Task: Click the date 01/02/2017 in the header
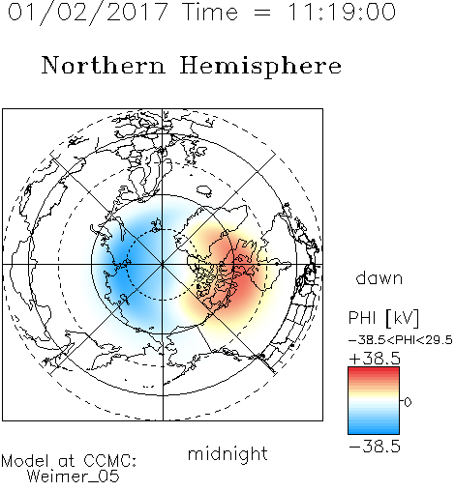88,13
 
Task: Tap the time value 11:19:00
342,12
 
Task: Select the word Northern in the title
104,65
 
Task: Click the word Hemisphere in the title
260,67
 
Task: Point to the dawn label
379,278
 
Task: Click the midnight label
227,454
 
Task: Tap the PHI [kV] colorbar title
383,318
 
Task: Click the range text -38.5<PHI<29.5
401,340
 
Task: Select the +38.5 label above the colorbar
375,359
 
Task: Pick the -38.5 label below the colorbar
375,447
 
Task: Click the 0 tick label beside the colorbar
408,402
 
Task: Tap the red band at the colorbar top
374,371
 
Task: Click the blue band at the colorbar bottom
374,430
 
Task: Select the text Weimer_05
74,477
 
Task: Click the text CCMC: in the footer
109,461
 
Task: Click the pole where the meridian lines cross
163,265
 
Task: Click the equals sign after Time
261,13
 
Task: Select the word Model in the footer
25,461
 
